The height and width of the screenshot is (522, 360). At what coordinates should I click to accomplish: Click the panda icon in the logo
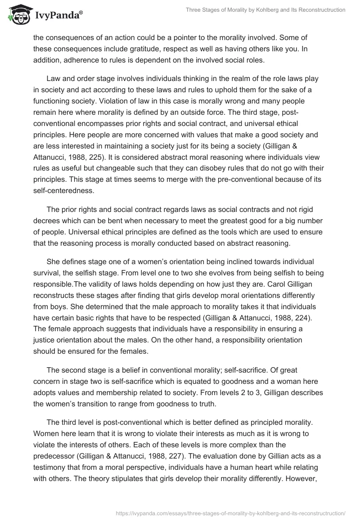tap(17, 14)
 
